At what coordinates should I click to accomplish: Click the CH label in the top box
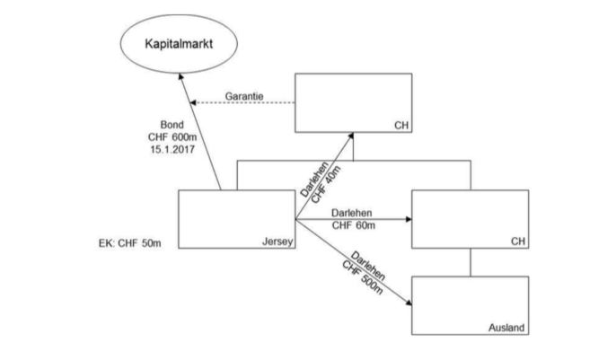400,125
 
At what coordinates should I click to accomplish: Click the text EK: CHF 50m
134,242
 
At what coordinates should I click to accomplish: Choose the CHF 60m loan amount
352,226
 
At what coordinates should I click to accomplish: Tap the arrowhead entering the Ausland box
409,305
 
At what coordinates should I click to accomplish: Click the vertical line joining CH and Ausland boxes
470,262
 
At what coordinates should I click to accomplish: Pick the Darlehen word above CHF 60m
352,213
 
